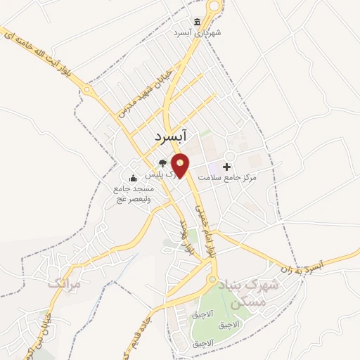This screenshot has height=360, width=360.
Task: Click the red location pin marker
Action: point(181,165)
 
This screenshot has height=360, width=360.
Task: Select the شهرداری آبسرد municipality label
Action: point(200,33)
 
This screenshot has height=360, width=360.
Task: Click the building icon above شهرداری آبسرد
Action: point(197,22)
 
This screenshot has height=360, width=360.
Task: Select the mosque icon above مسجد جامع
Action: point(133,178)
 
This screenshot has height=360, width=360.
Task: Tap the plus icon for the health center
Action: point(226,167)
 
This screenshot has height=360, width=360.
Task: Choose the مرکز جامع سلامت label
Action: point(227,178)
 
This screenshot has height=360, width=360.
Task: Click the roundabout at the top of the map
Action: point(214,6)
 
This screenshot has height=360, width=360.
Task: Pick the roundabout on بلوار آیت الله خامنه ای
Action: point(87,90)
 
